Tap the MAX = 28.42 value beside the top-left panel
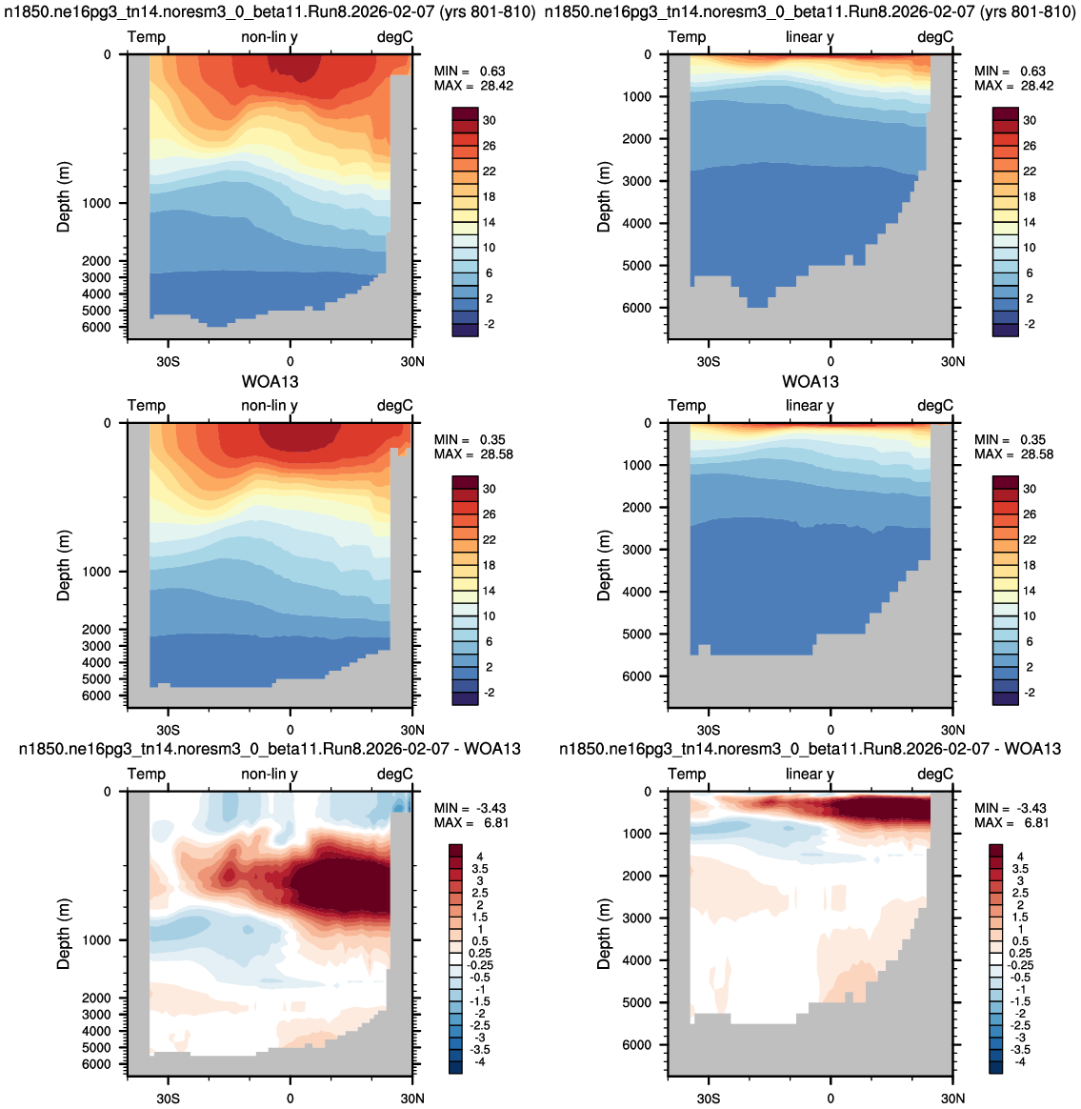[473, 86]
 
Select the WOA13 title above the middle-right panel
[811, 382]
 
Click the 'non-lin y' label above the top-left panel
[270, 37]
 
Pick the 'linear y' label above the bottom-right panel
[810, 775]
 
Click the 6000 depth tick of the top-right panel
[637, 308]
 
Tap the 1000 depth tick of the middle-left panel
[96, 572]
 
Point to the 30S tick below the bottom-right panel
[709, 1099]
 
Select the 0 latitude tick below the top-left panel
[290, 361]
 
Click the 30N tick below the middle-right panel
[952, 730]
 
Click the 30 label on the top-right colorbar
[1030, 120]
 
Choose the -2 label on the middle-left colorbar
[487, 693]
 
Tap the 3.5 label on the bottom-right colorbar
[1020, 869]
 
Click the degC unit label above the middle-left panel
[394, 405]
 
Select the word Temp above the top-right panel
[687, 37]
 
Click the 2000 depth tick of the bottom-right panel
[637, 876]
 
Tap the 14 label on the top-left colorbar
[490, 222]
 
